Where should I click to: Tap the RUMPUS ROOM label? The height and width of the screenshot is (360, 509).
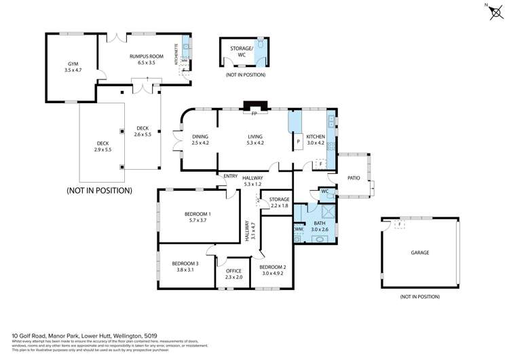coord(143,56)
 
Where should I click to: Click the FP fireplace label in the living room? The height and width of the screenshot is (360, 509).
coord(253,114)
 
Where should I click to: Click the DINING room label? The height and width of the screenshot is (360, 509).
coord(200,137)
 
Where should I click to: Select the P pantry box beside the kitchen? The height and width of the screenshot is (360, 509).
coord(297,143)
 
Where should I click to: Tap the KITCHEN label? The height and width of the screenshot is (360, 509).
coord(316,137)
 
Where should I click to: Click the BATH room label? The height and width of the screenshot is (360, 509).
coord(319,223)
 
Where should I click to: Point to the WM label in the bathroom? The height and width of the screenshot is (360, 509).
coord(299,230)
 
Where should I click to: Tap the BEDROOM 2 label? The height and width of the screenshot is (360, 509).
coord(273,267)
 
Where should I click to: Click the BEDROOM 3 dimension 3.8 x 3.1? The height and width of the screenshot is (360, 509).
coord(185,270)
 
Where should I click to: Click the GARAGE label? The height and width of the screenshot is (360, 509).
coord(419,253)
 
